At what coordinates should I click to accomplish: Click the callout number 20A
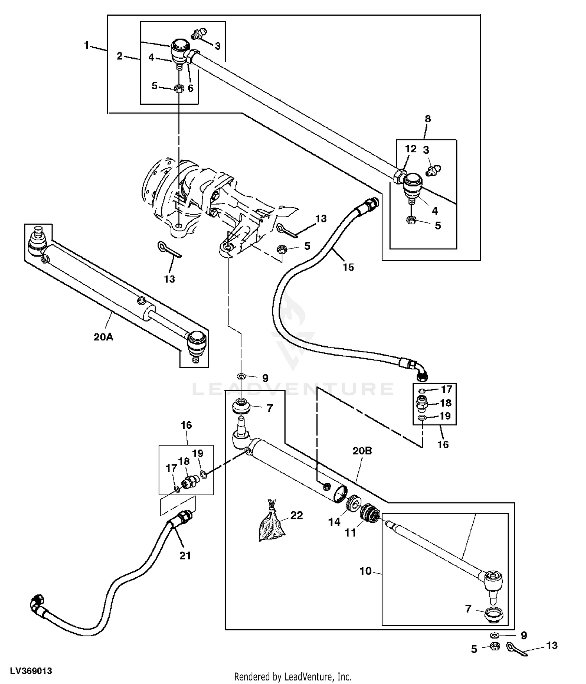pyautogui.click(x=104, y=337)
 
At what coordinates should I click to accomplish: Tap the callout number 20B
pyautogui.click(x=362, y=451)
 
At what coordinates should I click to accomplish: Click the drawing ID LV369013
pyautogui.click(x=31, y=671)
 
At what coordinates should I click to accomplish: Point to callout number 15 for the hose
pyautogui.click(x=348, y=267)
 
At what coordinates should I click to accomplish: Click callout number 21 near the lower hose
pyautogui.click(x=185, y=555)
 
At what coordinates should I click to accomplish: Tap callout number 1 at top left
pyautogui.click(x=87, y=45)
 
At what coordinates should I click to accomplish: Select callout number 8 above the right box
pyautogui.click(x=428, y=119)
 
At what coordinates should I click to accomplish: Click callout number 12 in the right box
pyautogui.click(x=411, y=149)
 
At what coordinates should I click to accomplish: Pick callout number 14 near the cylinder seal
pyautogui.click(x=334, y=522)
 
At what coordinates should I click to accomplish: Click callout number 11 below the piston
pyautogui.click(x=350, y=533)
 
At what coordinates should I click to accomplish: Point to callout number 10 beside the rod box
pyautogui.click(x=365, y=571)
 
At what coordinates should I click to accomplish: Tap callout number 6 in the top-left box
pyautogui.click(x=191, y=88)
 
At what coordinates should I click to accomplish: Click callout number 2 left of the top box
pyautogui.click(x=120, y=56)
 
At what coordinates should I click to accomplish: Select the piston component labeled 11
pyautogui.click(x=369, y=513)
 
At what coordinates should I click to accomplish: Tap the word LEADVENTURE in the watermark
pyautogui.click(x=293, y=389)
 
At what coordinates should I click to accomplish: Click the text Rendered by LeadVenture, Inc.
pyautogui.click(x=293, y=677)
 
